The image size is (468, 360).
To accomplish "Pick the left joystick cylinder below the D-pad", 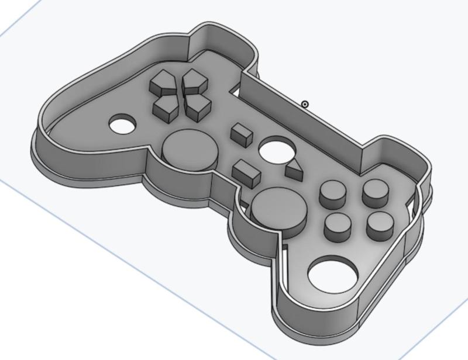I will point(187,148).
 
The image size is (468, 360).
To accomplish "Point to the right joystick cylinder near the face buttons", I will point(277,208).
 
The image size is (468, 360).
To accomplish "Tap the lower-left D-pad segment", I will point(167,107).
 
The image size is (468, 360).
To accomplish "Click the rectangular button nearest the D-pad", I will point(240,134).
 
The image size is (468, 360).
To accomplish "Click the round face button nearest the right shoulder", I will point(375,192).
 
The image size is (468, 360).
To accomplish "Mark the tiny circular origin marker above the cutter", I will point(305,104).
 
